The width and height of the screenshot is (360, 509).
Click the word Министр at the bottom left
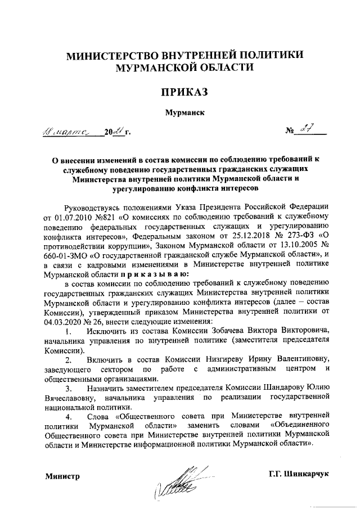(x=62, y=476)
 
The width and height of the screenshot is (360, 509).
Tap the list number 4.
(x=68, y=417)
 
